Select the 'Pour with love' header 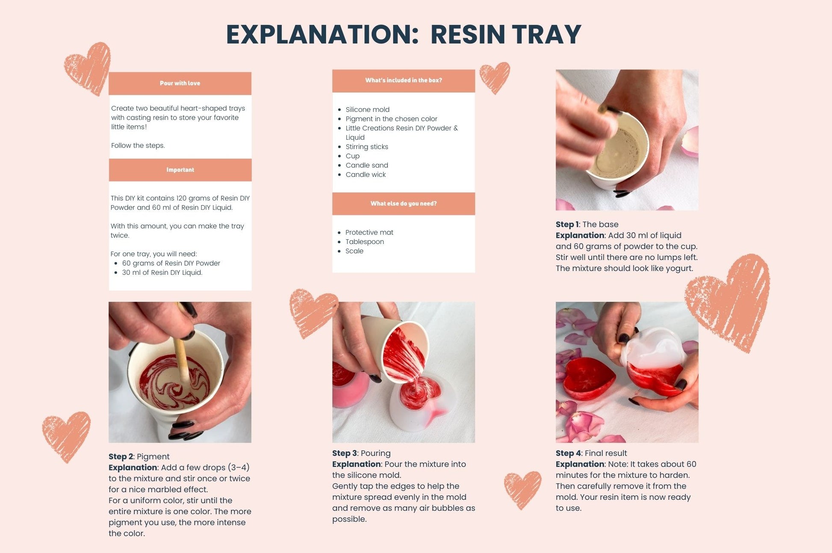(180, 83)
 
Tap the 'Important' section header (180, 170)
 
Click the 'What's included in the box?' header (404, 80)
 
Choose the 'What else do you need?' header (404, 203)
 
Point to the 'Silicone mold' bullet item (367, 109)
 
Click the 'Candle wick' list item (366, 174)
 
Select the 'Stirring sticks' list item (367, 147)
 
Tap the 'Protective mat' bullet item (369, 232)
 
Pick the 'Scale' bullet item (354, 251)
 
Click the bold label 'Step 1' (567, 224)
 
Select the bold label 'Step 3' (345, 453)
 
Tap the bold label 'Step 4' (568, 453)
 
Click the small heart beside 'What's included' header (495, 77)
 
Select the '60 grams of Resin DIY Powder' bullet (171, 263)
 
